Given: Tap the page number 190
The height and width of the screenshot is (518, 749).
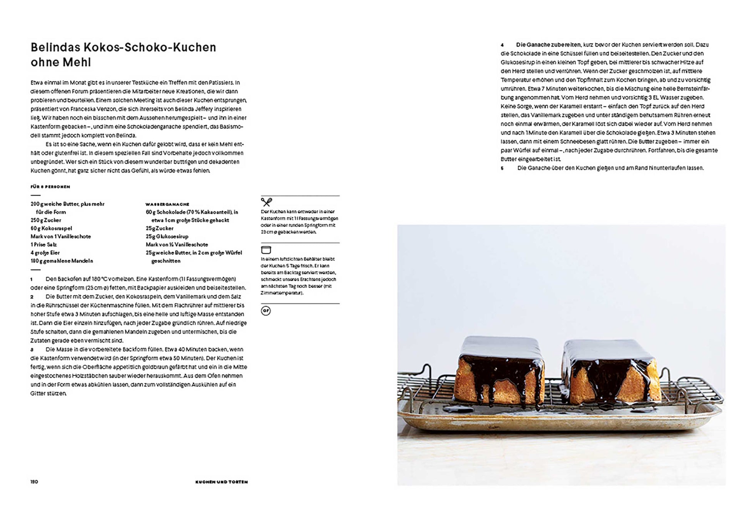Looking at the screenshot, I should point(34,481).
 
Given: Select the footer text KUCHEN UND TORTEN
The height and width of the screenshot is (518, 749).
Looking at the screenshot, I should point(221,482).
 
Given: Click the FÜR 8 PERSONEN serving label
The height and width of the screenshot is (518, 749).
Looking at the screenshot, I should point(50,187).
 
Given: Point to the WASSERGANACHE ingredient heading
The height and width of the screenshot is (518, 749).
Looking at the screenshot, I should point(167,204).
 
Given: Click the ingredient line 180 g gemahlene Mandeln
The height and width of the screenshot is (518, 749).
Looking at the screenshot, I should point(62,261).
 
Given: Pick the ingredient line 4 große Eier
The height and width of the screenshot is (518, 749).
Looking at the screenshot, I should point(45,253).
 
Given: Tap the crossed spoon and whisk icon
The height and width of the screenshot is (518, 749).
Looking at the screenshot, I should point(266,202).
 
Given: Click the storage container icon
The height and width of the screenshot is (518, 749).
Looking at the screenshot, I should point(266,250).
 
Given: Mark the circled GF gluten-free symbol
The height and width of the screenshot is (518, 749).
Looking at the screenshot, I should point(266,311).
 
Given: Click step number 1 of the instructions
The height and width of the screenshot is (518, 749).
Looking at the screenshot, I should point(32,279).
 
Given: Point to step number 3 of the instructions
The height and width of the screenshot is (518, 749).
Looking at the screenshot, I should point(32,350).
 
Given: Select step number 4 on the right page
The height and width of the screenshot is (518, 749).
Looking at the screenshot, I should point(502,45).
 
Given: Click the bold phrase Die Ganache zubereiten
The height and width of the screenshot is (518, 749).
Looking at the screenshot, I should point(548,45).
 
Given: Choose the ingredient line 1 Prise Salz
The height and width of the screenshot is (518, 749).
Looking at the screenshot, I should point(43,245).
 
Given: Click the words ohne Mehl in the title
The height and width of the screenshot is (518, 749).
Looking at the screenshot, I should point(60,62).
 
